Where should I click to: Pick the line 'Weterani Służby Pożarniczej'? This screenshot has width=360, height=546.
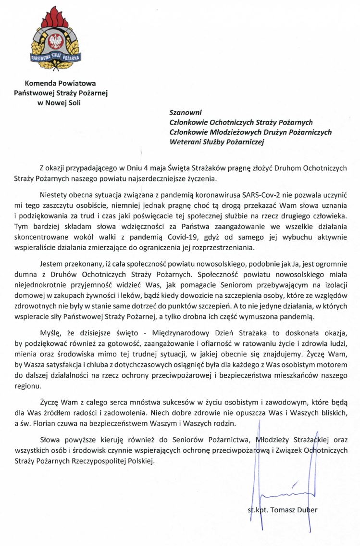tap(217, 141)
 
